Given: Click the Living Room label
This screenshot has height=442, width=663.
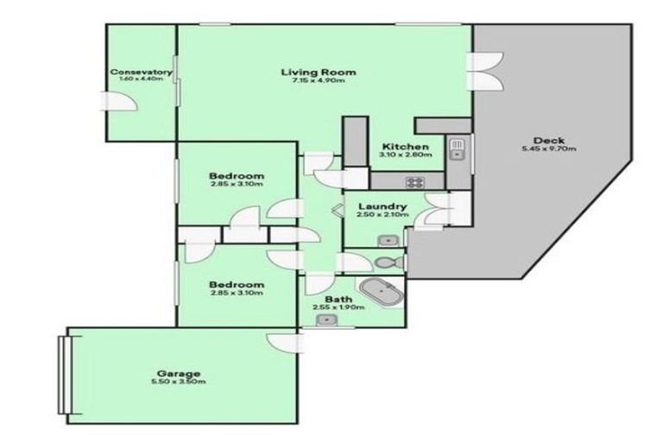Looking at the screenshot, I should pos(319,72).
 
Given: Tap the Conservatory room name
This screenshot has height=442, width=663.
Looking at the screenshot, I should pos(141,72).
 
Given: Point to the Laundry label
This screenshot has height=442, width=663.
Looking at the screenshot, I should pos(382,205).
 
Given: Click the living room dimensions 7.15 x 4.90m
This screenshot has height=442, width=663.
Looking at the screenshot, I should pos(319,81).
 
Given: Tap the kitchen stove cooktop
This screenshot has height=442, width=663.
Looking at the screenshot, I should pos(415,182).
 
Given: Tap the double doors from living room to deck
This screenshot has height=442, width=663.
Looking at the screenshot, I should pos(482,72).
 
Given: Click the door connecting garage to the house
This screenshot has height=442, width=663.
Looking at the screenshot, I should pos(281,340).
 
